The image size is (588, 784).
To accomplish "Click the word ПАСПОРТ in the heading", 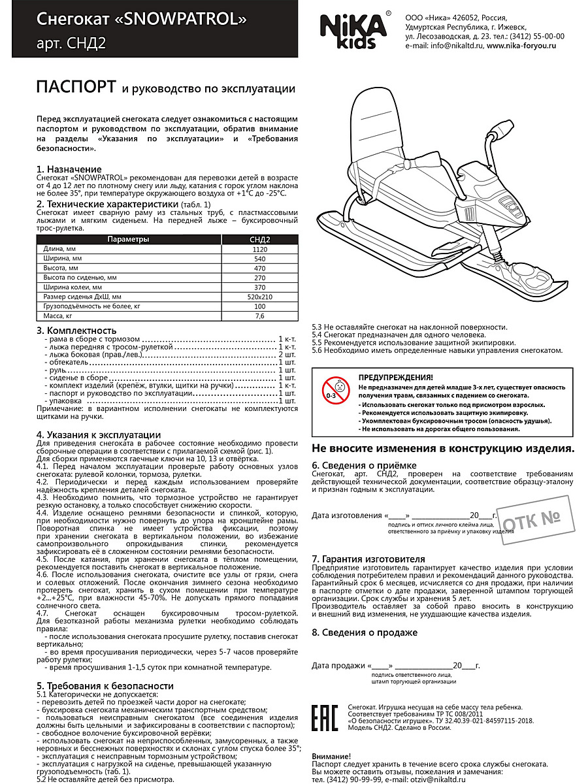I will (x=76, y=88).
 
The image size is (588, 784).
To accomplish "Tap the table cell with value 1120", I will (x=260, y=250).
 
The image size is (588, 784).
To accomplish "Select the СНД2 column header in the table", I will (x=260, y=239).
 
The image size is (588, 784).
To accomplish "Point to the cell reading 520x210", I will (x=260, y=296).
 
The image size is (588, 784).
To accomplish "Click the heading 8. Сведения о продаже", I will (x=365, y=632).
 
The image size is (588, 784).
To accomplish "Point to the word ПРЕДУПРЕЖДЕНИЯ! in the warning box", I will (x=395, y=378).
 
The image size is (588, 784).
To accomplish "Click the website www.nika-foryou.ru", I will (x=521, y=46).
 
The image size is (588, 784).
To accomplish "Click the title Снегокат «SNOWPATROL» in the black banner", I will (x=142, y=20).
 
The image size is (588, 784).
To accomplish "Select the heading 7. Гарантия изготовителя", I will (x=368, y=559).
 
